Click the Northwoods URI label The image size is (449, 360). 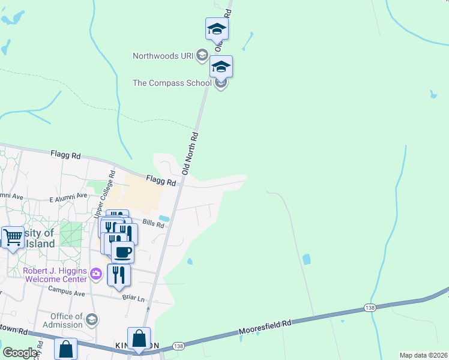tap(163, 56)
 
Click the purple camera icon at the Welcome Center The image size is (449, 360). tap(96, 274)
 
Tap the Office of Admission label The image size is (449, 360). tap(66, 320)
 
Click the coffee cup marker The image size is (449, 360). tap(122, 252)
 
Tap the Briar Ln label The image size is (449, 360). tap(133, 298)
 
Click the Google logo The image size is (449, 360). tap(20, 353)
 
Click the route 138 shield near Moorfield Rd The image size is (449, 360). tap(370, 308)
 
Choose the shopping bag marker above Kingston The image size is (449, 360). tap(139, 338)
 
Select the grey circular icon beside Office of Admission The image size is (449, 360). tap(91, 319)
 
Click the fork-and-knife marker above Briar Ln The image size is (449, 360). tap(118, 275)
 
